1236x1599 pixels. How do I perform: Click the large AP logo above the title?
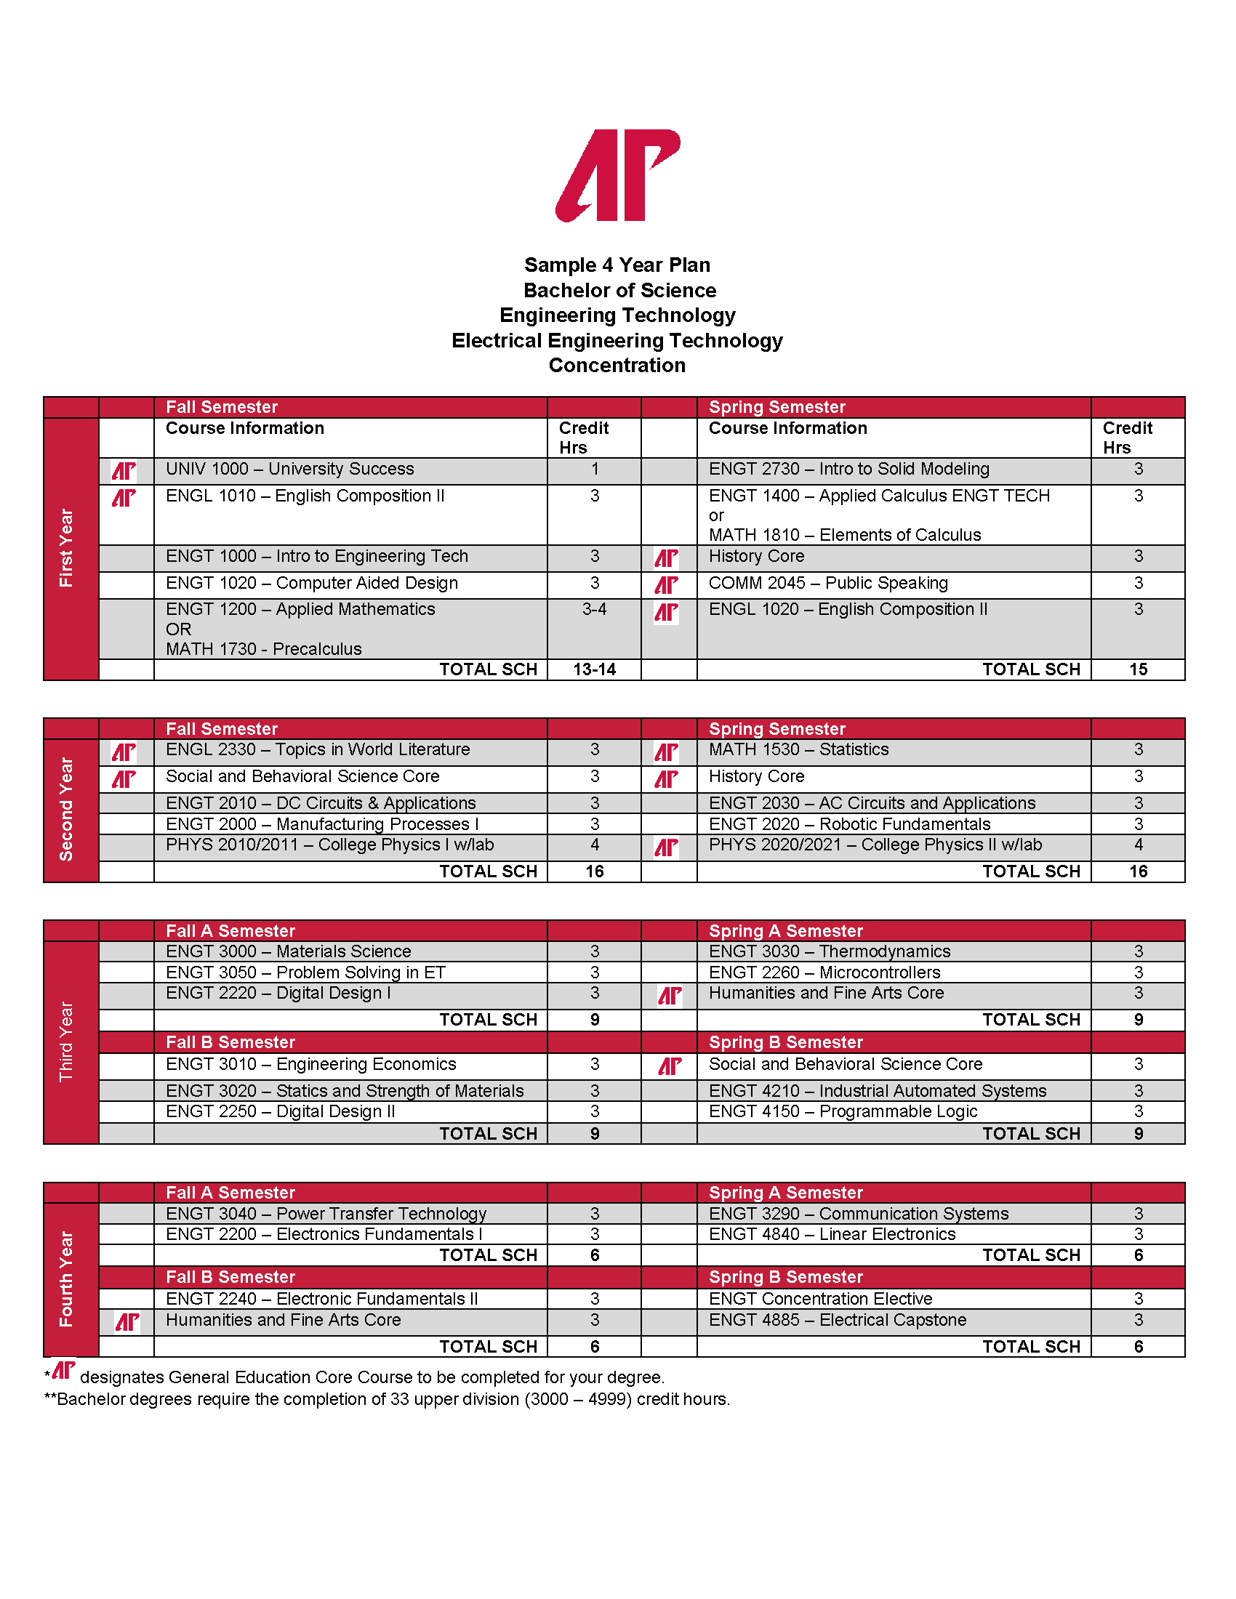click(618, 176)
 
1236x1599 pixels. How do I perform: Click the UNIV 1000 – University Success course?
click(289, 469)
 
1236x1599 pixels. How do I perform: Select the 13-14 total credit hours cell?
click(594, 669)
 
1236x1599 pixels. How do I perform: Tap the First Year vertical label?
click(67, 547)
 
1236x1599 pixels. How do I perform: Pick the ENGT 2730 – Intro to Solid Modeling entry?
click(848, 469)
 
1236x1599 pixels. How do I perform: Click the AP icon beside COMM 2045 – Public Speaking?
click(666, 584)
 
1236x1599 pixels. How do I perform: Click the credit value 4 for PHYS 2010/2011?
click(595, 845)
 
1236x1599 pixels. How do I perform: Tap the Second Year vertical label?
click(67, 809)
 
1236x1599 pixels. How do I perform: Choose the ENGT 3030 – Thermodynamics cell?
click(830, 951)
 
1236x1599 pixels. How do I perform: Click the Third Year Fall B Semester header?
click(230, 1042)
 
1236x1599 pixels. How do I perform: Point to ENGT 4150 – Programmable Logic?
click(843, 1111)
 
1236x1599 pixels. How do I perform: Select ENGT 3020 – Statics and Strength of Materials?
click(344, 1091)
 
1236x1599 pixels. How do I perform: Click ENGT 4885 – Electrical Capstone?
click(837, 1320)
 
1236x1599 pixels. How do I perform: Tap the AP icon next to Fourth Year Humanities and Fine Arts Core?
click(127, 1322)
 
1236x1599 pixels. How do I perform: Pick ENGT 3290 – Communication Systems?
click(858, 1213)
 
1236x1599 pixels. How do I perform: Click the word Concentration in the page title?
click(617, 365)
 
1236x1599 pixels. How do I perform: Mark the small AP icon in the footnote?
click(64, 1371)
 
